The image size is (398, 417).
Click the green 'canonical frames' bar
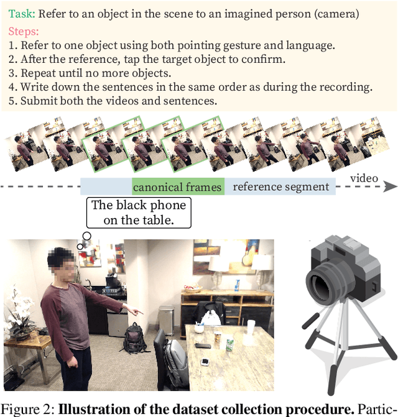click(x=177, y=187)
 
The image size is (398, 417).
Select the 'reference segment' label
click(x=280, y=187)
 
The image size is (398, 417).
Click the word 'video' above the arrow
click(x=363, y=178)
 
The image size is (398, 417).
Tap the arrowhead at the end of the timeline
click(x=390, y=186)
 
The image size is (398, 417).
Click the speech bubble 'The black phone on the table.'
click(x=138, y=212)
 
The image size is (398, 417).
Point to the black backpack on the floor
click(x=135, y=339)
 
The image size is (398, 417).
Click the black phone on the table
click(x=202, y=346)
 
